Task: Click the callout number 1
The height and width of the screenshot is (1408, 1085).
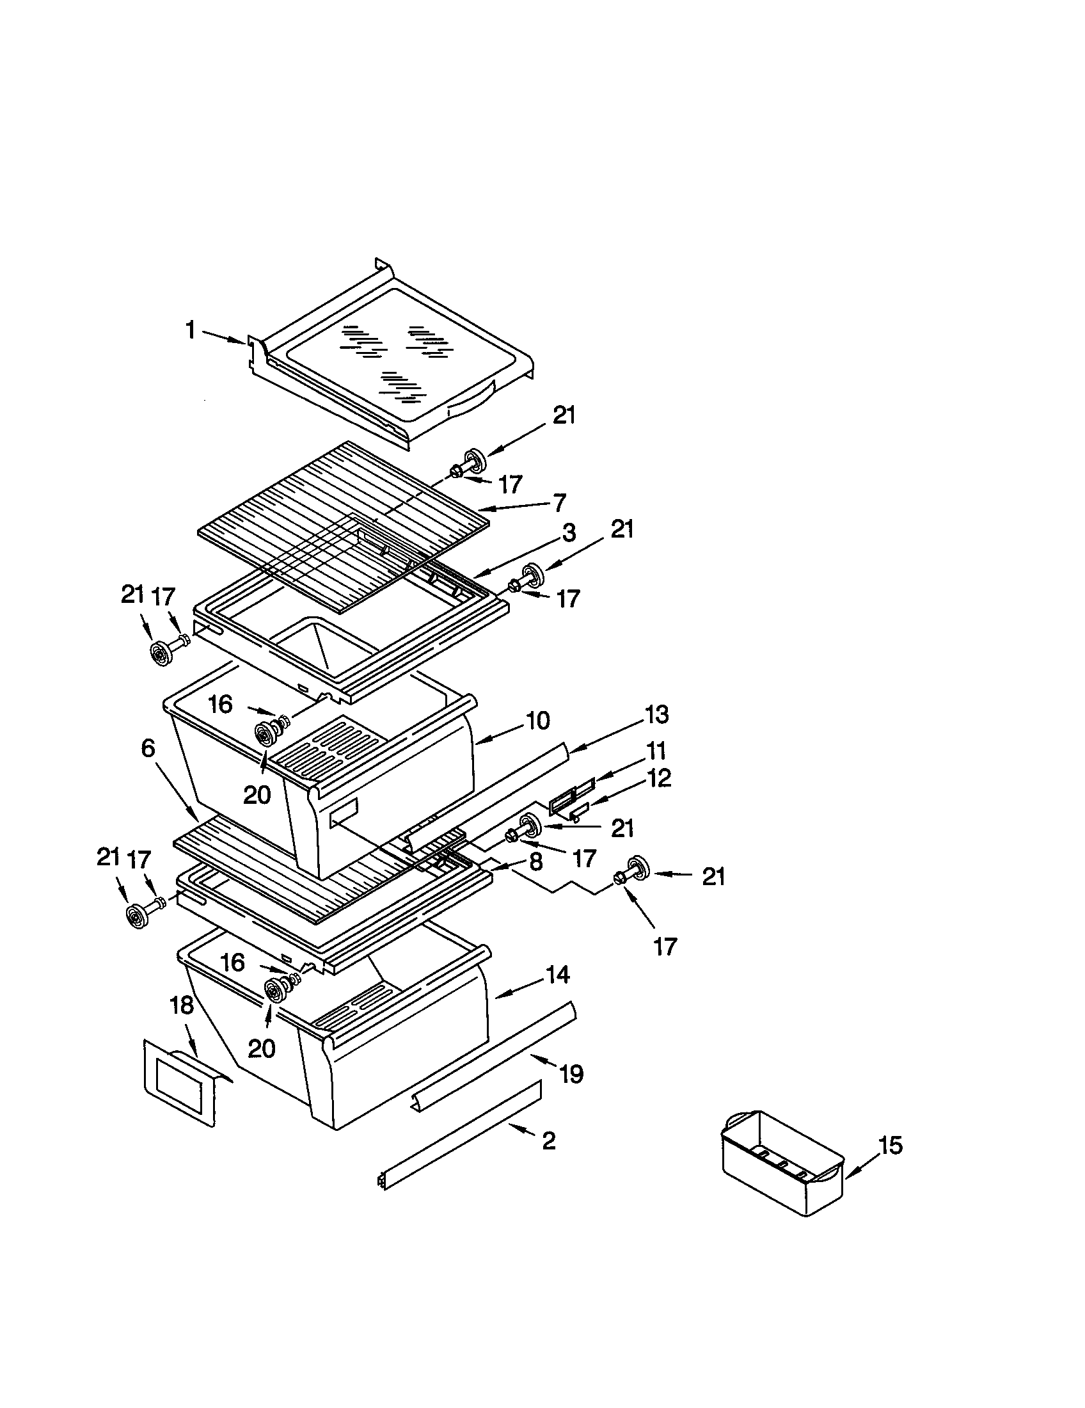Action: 190,330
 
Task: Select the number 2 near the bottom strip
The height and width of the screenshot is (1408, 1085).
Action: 548,1142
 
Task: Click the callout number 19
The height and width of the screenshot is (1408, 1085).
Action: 571,1074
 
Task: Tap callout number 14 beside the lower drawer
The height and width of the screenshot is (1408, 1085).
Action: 557,975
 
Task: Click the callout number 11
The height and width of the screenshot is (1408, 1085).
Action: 656,751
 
